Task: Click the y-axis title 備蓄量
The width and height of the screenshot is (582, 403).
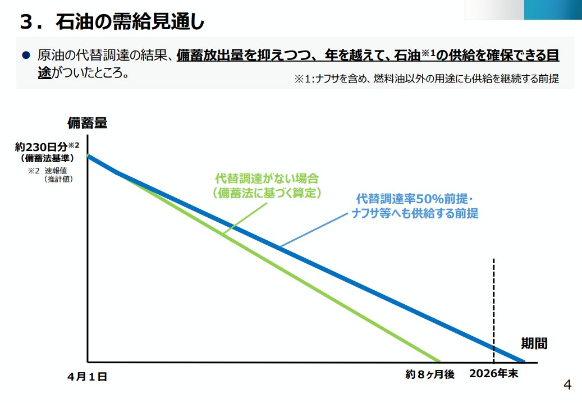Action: pyautogui.click(x=87, y=122)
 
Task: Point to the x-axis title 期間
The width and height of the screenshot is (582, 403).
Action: pyautogui.click(x=534, y=344)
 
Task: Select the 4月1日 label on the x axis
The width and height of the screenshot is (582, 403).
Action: pyautogui.click(x=87, y=377)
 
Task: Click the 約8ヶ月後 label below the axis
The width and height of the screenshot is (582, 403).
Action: pyautogui.click(x=429, y=374)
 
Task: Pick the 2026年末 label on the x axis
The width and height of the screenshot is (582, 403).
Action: pyautogui.click(x=494, y=374)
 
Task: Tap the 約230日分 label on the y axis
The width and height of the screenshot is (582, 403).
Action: pyautogui.click(x=44, y=148)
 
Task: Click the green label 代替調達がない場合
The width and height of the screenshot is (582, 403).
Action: pyautogui.click(x=267, y=179)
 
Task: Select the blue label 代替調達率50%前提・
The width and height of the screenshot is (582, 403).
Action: pyautogui.click(x=415, y=200)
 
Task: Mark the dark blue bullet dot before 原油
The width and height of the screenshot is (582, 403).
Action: pyautogui.click(x=25, y=56)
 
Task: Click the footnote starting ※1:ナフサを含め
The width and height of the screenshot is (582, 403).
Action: pyautogui.click(x=426, y=79)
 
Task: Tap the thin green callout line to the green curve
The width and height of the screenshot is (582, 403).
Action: pyautogui.click(x=246, y=217)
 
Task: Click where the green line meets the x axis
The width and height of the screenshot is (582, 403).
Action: pyautogui.click(x=439, y=361)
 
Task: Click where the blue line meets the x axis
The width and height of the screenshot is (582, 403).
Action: pyautogui.click(x=523, y=361)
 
